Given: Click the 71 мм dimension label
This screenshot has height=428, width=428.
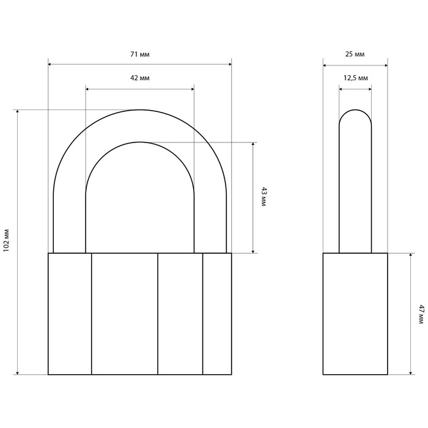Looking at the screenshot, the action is pos(140,54).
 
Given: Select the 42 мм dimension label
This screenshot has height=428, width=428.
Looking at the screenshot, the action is pos(140,78).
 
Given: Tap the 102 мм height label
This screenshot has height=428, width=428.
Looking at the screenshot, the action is pos(7,240).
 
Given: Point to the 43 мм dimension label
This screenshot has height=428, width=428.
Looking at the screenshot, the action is pos(264,197).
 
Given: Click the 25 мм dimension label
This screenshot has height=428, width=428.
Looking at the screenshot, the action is pos(355,54).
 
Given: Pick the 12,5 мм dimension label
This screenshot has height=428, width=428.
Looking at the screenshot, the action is pos(355,78).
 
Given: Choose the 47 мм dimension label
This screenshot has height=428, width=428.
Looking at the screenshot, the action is pos(421,314).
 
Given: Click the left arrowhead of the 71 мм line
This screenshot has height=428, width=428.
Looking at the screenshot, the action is pos(50,64).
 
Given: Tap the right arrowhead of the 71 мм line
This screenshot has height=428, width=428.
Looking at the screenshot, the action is pos(229,64).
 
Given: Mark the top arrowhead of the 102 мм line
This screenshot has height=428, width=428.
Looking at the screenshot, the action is pos(18,112).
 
